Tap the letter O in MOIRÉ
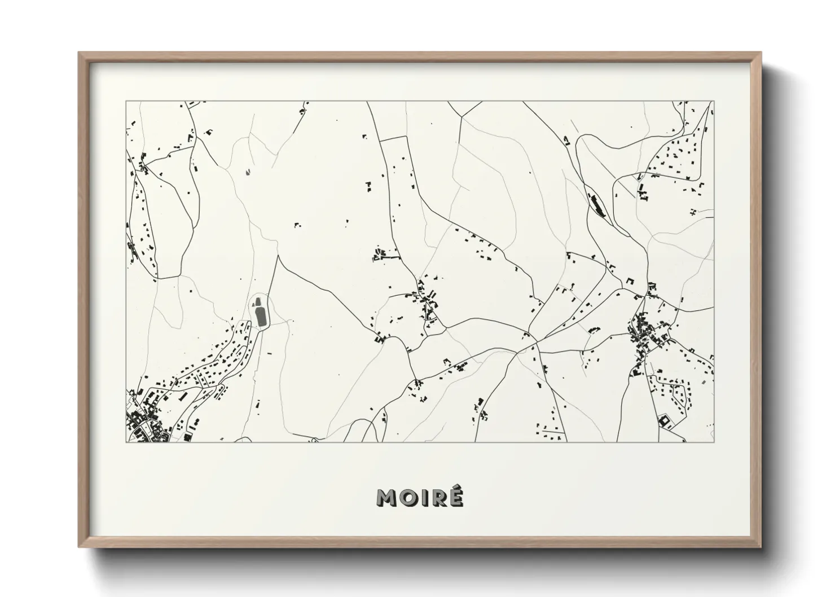(411, 498)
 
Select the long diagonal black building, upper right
(596, 205)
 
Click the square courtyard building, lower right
(663, 420)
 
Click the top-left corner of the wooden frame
(80, 53)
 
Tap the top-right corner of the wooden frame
(761, 53)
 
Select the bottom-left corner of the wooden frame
(80, 546)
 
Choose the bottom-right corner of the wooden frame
(761, 546)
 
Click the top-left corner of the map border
(126, 102)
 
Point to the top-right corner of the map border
(714, 102)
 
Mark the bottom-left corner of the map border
(126, 442)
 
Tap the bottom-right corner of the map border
(714, 442)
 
